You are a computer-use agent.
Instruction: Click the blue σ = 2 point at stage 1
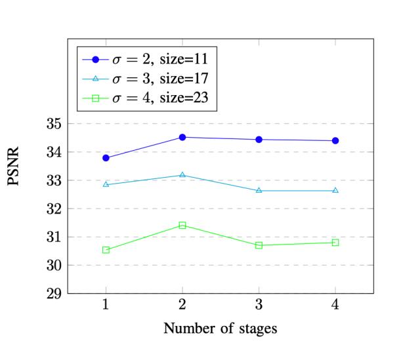[x=106, y=158]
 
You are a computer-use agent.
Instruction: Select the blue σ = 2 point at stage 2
[x=182, y=137]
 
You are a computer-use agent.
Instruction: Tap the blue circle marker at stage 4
[x=335, y=140]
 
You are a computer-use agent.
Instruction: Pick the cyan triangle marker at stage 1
[x=106, y=184]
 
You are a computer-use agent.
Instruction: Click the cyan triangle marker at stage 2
[x=182, y=175]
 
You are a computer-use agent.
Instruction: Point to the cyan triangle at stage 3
[x=259, y=190]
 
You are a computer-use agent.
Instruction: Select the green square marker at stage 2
[x=182, y=225]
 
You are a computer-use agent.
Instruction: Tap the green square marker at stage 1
[x=106, y=250]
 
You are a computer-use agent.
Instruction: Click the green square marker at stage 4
[x=335, y=243]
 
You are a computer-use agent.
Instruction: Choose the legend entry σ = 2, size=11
[x=156, y=59]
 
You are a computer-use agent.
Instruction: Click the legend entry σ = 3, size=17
[x=156, y=79]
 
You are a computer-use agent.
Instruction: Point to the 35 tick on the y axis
[x=53, y=124]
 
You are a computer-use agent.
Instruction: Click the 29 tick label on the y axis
[x=53, y=294]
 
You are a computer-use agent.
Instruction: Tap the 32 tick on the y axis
[x=53, y=209]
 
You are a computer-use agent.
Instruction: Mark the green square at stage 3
[x=259, y=245]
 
